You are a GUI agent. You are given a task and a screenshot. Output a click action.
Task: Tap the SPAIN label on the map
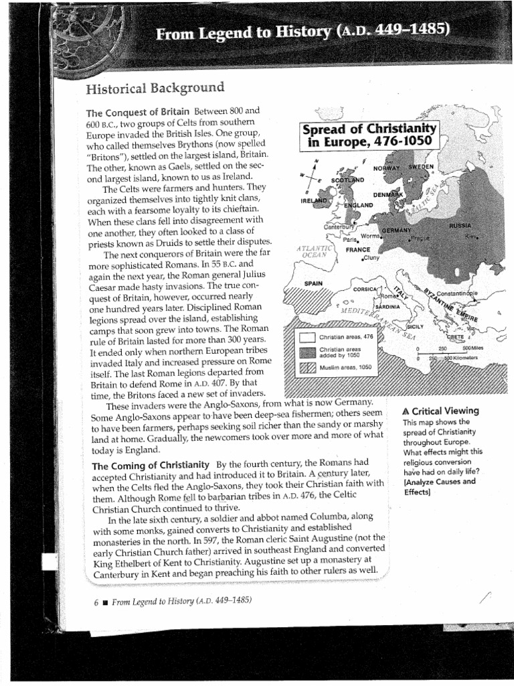pos(314,283)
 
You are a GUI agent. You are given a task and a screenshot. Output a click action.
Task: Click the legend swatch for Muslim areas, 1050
pos(307,368)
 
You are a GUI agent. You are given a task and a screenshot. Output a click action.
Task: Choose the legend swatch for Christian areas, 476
pos(307,337)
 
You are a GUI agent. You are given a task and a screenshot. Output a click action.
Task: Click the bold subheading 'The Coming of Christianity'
pos(151,465)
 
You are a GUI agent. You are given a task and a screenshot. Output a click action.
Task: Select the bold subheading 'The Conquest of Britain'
pos(138,111)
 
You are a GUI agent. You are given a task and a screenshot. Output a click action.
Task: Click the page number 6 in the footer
pos(96,601)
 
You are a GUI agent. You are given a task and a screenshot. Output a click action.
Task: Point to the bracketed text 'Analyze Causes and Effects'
pos(438,486)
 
